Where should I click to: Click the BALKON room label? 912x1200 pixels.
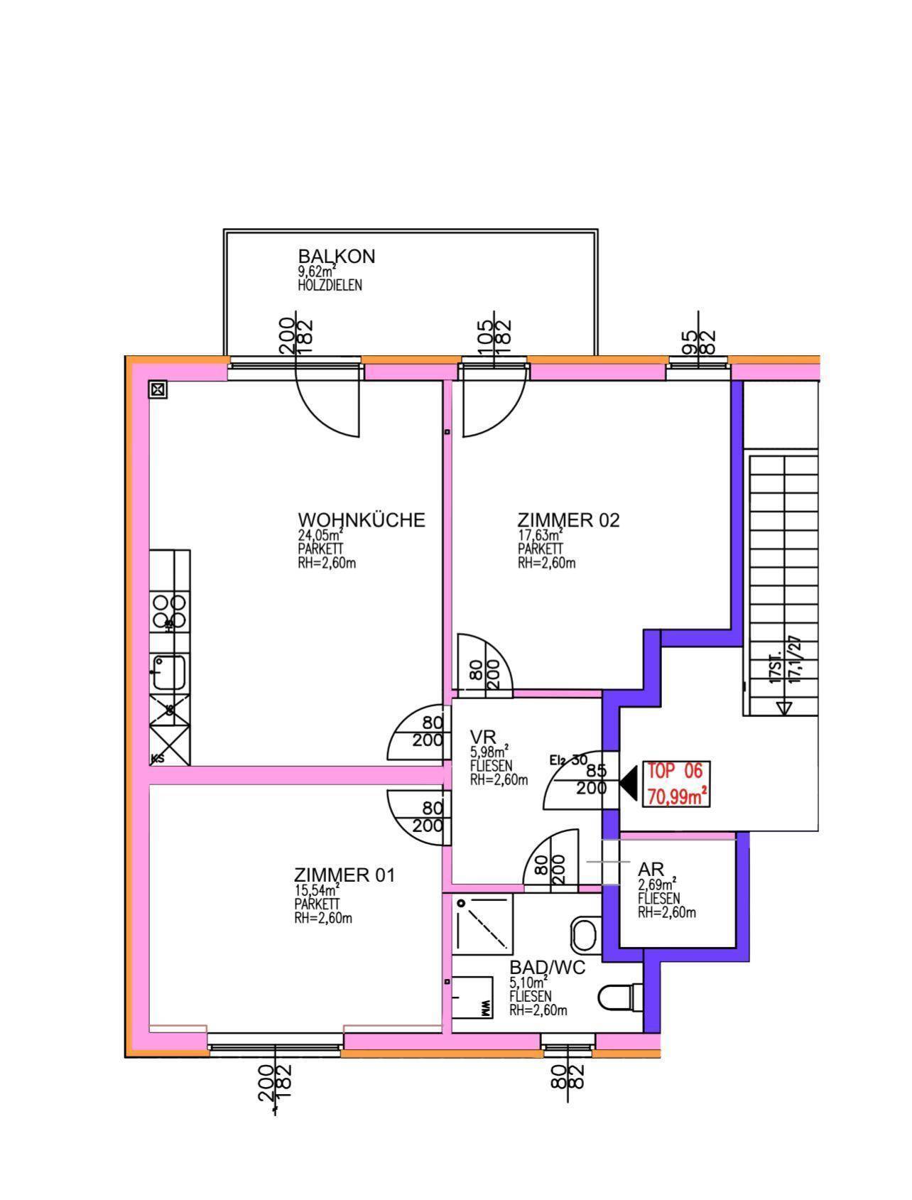click(x=336, y=256)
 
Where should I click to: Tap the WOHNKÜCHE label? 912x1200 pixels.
click(x=362, y=520)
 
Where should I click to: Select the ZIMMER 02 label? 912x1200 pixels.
click(x=568, y=520)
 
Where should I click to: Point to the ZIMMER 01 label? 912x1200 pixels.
click(x=344, y=875)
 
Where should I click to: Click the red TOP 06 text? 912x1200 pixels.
click(x=674, y=771)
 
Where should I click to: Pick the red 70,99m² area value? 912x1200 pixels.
click(x=676, y=796)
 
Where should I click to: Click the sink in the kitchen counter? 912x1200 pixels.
click(x=168, y=671)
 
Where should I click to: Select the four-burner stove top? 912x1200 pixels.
click(x=169, y=612)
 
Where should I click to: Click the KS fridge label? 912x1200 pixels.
click(x=157, y=758)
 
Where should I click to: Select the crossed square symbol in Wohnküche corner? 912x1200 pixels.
click(x=158, y=389)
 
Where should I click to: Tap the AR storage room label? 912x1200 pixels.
click(x=651, y=870)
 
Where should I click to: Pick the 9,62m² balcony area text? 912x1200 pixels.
click(x=317, y=271)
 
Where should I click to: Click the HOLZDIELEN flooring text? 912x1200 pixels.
click(x=330, y=286)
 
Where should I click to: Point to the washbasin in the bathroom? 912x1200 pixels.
click(x=585, y=932)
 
